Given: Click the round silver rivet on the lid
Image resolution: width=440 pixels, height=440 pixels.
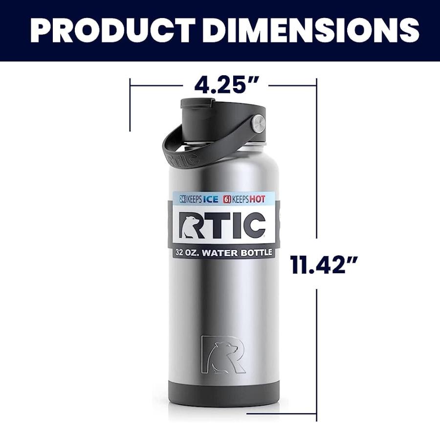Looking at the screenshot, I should pyautogui.click(x=258, y=123).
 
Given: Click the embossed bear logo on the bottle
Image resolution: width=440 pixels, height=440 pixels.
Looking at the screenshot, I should pyautogui.click(x=223, y=354).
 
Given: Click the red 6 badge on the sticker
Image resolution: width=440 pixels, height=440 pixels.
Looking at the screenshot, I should pyautogui.click(x=227, y=199).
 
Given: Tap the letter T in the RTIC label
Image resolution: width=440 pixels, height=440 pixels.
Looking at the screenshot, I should pyautogui.click(x=214, y=225).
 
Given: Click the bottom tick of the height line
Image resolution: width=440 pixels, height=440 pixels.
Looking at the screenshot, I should pyautogui.click(x=316, y=419).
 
